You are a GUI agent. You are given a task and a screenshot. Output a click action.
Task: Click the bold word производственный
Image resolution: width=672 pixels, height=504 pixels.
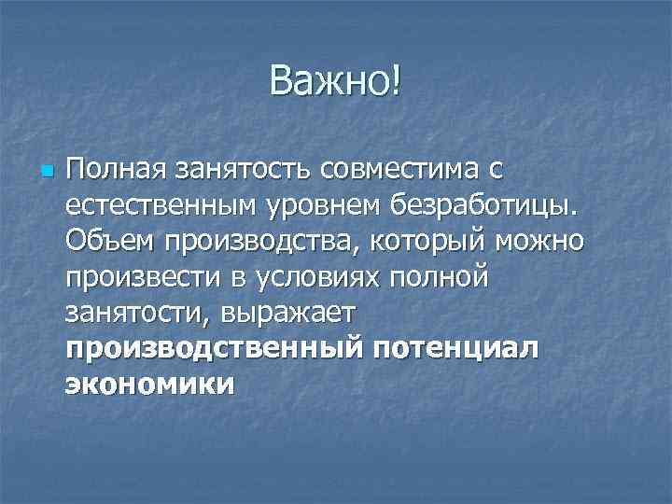click(212, 348)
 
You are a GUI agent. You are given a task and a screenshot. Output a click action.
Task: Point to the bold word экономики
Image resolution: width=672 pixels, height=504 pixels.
click(149, 384)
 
